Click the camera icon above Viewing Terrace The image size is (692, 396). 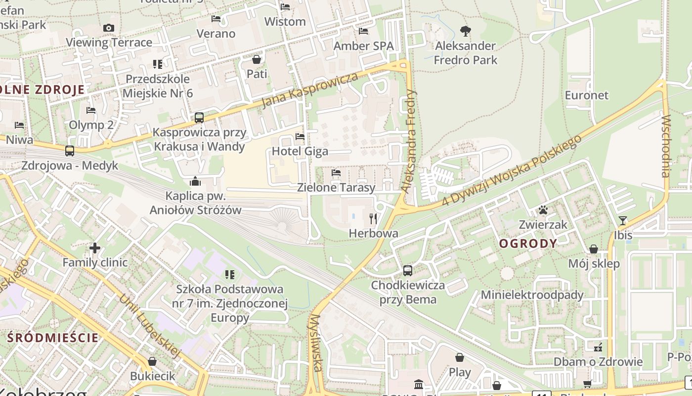click(109, 28)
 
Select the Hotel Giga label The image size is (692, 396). click(300, 151)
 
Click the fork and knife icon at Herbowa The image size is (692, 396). click(373, 218)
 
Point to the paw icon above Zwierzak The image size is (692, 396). click(543, 210)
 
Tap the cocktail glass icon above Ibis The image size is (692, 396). click(623, 221)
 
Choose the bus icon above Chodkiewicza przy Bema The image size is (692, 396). click(408, 271)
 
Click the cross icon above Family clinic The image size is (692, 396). click(95, 247)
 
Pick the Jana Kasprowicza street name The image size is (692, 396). click(309, 90)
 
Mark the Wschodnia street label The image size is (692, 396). click(666, 146)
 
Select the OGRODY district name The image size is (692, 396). click(528, 244)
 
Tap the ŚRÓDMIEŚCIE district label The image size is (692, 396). click(53, 338)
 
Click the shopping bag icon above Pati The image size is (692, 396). click(257, 60)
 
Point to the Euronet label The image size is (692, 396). click(587, 95)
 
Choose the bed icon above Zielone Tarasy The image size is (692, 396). click(336, 173)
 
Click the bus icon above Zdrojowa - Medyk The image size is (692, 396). click(70, 151)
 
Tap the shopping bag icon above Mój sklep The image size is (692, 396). click(594, 249)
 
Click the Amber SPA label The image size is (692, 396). click(363, 46)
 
